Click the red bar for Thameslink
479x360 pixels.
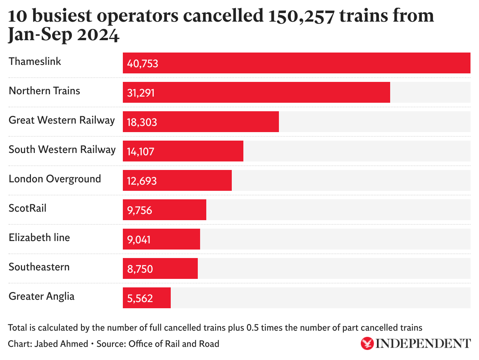tap(296, 63)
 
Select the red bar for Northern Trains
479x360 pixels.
tap(256, 92)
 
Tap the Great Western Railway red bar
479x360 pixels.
tap(200, 122)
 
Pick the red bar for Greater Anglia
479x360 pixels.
tap(147, 298)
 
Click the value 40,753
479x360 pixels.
tap(143, 63)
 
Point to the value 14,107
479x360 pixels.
tap(141, 151)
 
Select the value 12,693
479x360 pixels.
tap(142, 181)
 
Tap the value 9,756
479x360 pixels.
tap(139, 210)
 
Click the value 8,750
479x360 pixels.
tap(140, 269)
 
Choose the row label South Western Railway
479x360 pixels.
tap(62, 149)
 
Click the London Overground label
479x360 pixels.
tap(55, 179)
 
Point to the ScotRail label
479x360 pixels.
tap(27, 208)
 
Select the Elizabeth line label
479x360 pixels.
tap(39, 238)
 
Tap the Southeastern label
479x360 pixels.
tap(39, 267)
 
